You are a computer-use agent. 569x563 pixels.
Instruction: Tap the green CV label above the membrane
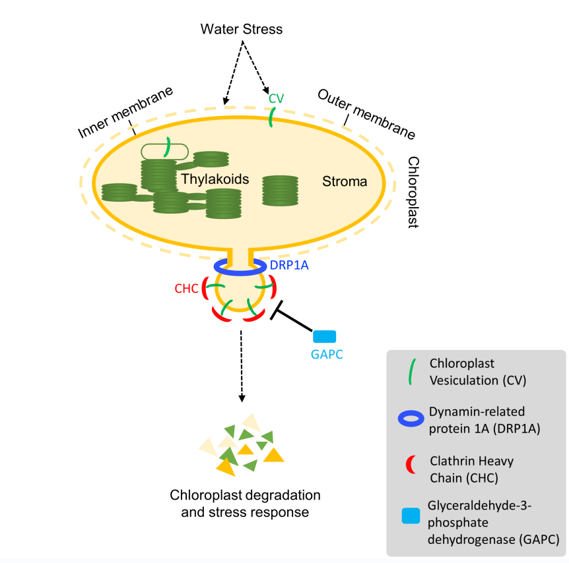coord(276,98)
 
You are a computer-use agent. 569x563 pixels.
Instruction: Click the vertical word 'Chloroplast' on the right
coord(413,192)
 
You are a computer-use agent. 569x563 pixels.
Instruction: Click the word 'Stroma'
coord(345,181)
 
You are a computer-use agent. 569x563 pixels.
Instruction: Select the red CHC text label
coord(186,288)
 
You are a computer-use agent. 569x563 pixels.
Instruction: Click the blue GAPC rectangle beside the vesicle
coord(325,336)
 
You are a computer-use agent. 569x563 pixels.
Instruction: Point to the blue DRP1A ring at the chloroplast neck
coord(240,267)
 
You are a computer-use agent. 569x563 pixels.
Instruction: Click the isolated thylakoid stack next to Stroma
coord(281,191)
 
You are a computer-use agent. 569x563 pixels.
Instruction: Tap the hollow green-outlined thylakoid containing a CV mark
coord(164,151)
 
